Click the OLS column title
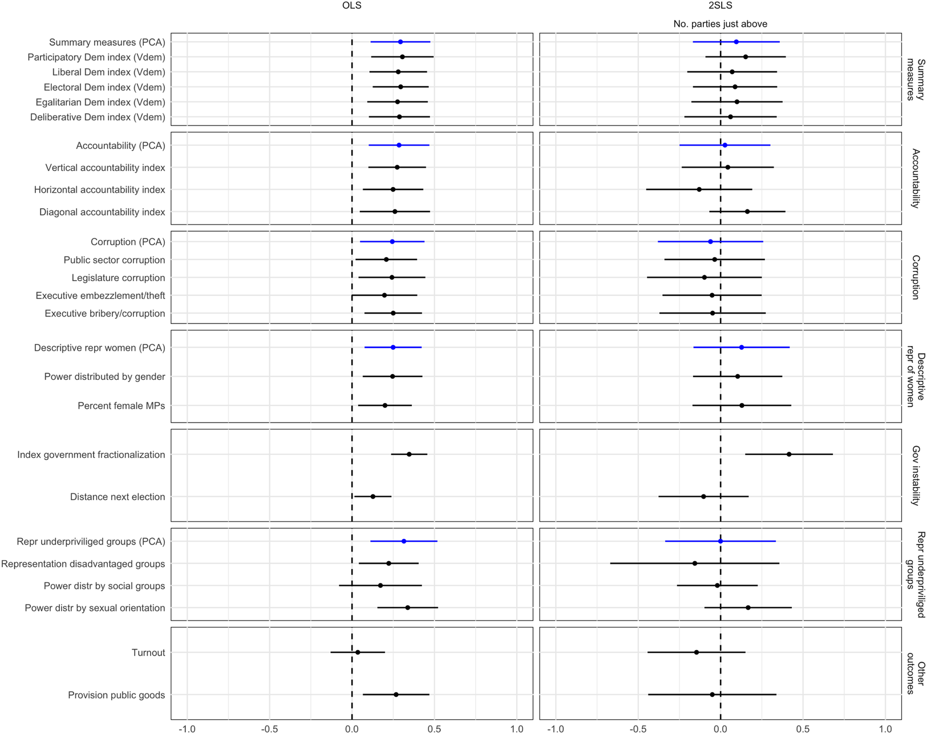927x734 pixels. tap(351, 6)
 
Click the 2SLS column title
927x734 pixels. tap(720, 6)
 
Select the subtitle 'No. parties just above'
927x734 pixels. tap(720, 24)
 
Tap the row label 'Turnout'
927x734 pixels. tap(148, 652)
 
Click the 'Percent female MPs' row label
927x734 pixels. tap(122, 405)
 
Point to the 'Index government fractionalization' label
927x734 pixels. tap(91, 455)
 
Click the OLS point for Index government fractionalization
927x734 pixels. tap(409, 455)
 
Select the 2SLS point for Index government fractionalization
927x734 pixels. tap(789, 455)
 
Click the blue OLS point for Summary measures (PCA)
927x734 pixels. tap(400, 42)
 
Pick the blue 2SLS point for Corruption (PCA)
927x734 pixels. tap(710, 242)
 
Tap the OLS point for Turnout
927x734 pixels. tap(358, 652)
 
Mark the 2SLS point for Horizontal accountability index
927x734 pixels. tap(699, 189)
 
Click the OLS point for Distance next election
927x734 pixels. tap(373, 497)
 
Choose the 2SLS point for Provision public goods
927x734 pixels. tap(712, 695)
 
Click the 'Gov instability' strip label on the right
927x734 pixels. tap(915, 475)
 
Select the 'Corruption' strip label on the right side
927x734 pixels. tap(915, 277)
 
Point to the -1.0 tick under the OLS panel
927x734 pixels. tap(187, 728)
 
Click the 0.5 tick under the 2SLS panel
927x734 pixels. tap(803, 728)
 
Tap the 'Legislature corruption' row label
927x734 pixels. tap(118, 278)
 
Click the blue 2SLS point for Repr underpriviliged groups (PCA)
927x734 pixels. tap(720, 541)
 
